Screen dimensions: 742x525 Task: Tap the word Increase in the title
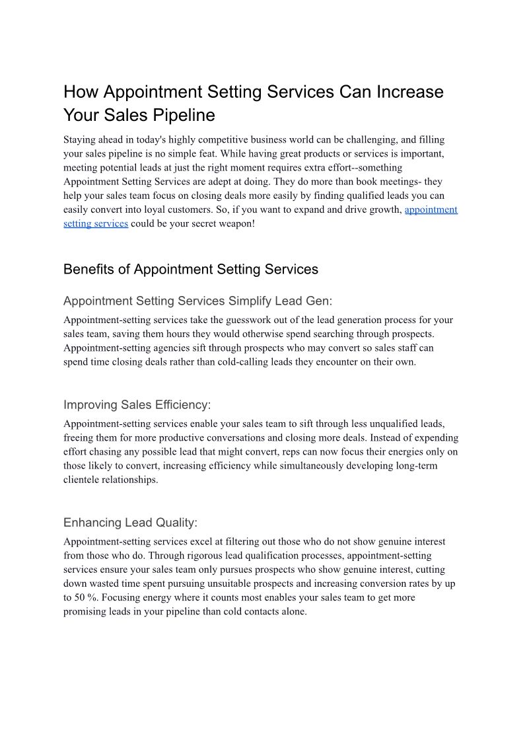pyautogui.click(x=410, y=91)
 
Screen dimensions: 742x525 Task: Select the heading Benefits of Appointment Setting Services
pyautogui.click(x=190, y=270)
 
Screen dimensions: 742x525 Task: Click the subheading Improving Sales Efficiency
pyautogui.click(x=137, y=405)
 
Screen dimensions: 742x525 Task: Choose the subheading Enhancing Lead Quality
pyautogui.click(x=130, y=523)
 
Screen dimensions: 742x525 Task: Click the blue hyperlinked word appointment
pyautogui.click(x=431, y=209)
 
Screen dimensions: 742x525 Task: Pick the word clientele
pyautogui.click(x=82, y=480)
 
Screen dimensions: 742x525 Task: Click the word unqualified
pyautogui.click(x=388, y=424)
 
